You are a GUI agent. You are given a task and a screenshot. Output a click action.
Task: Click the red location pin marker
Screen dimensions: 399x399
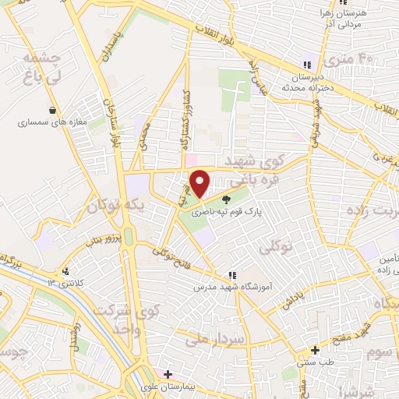click(x=200, y=183)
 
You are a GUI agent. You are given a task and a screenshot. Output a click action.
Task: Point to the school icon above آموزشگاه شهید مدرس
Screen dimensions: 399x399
click(x=231, y=275)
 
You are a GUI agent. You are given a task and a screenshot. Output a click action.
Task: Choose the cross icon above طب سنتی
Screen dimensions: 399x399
click(x=315, y=350)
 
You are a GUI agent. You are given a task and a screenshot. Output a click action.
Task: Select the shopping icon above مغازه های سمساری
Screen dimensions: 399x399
click(x=52, y=111)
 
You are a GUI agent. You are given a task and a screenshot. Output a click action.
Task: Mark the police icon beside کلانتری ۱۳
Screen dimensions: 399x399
click(x=66, y=272)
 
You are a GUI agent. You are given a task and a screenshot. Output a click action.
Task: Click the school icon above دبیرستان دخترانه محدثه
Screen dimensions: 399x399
click(x=307, y=64)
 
